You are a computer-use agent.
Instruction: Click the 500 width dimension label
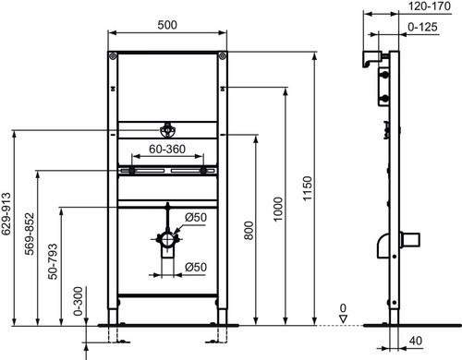click(167, 25)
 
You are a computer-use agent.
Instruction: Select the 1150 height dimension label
click(308, 188)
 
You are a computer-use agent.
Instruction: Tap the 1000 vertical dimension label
click(278, 210)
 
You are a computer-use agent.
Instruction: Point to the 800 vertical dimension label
click(249, 231)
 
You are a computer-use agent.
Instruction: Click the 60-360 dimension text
click(167, 150)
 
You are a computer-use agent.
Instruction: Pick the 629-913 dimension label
click(6, 214)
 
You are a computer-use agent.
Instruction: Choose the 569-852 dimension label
click(30, 234)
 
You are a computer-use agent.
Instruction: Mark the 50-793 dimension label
click(53, 261)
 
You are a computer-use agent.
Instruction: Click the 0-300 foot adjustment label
click(79, 301)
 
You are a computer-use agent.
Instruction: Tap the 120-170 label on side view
click(430, 6)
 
